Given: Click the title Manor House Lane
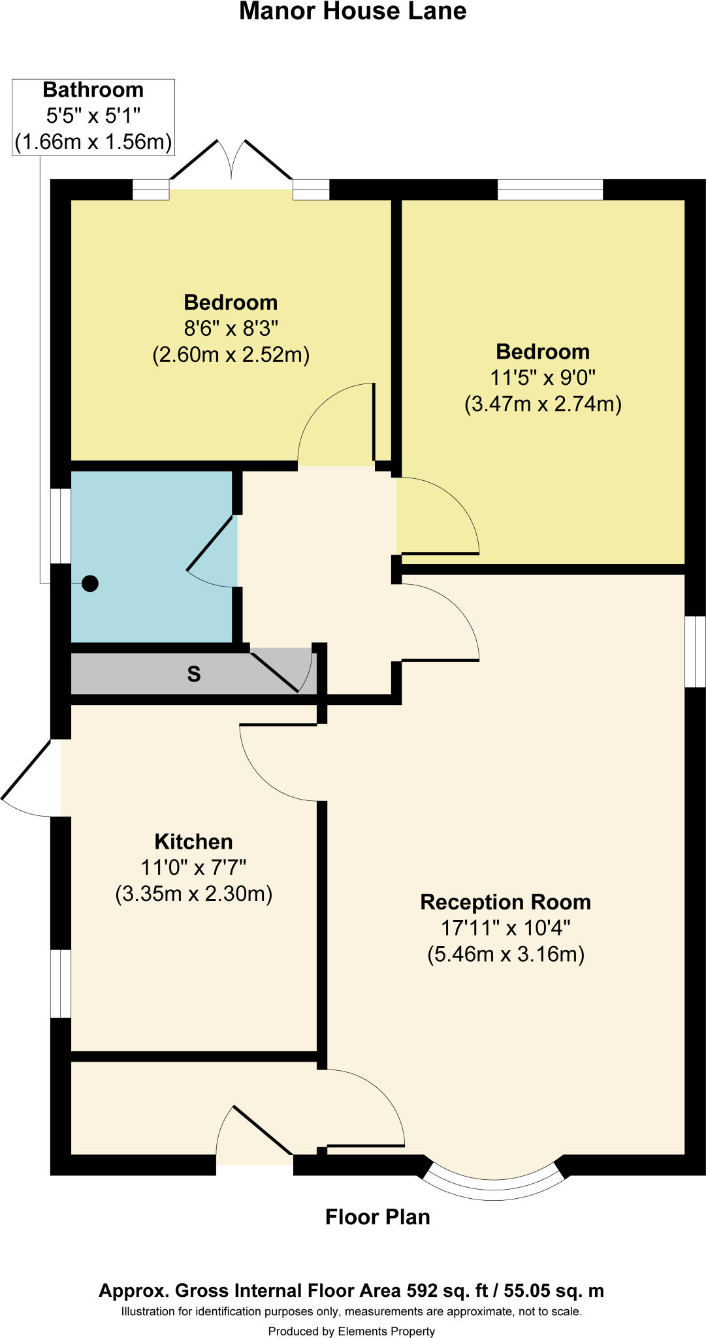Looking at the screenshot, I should [x=353, y=12].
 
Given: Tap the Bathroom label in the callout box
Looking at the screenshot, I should [x=93, y=90].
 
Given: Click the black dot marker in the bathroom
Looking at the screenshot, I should [x=90, y=583].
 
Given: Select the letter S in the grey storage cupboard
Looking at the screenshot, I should [x=194, y=674].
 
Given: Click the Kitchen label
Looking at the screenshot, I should [x=193, y=841].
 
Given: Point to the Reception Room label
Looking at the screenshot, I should [x=505, y=902].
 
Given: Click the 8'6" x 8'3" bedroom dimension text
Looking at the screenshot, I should [x=231, y=328].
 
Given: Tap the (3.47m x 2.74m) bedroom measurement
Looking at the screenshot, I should [x=543, y=404].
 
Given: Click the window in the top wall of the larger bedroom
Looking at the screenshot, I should [x=550, y=190].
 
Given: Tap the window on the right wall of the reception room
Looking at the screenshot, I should [x=695, y=651].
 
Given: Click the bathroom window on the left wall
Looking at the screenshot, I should [x=61, y=525].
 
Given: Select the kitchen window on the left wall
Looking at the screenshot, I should [x=61, y=983].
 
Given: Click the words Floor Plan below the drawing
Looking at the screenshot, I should [x=377, y=1217].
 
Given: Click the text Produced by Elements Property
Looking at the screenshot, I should [x=351, y=1326].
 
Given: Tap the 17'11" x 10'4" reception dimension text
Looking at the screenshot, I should [x=505, y=928].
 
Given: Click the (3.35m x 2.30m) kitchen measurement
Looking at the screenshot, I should [x=193, y=894].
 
